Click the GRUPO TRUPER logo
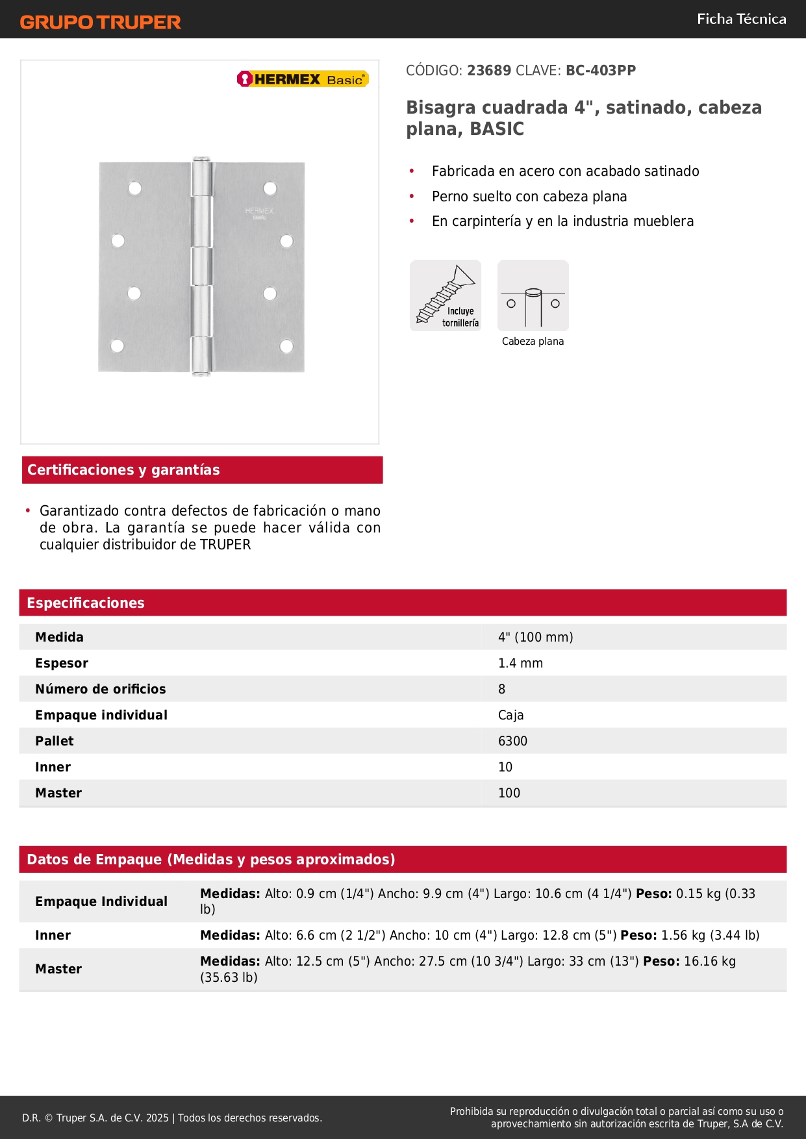pyautogui.click(x=100, y=22)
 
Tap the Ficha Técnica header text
pyautogui.click(x=741, y=19)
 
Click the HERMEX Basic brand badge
pyautogui.click(x=303, y=79)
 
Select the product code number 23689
pyautogui.click(x=489, y=71)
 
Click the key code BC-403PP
pyautogui.click(x=601, y=71)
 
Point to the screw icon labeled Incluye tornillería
pyautogui.click(x=446, y=295)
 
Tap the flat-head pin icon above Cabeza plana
pyautogui.click(x=533, y=295)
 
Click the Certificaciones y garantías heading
pyautogui.click(x=123, y=470)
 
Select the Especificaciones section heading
pyautogui.click(x=86, y=603)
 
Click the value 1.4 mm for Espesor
pyautogui.click(x=520, y=663)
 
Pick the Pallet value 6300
pyautogui.click(x=512, y=741)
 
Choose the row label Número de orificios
pyautogui.click(x=101, y=689)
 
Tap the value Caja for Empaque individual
pyautogui.click(x=510, y=715)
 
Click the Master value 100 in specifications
pyautogui.click(x=509, y=793)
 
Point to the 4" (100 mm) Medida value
pyautogui.click(x=535, y=637)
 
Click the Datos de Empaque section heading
pyautogui.click(x=210, y=860)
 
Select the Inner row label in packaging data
pyautogui.click(x=53, y=935)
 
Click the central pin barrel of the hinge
pyautogui.click(x=201, y=266)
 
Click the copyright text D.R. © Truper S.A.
pyautogui.click(x=95, y=1118)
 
